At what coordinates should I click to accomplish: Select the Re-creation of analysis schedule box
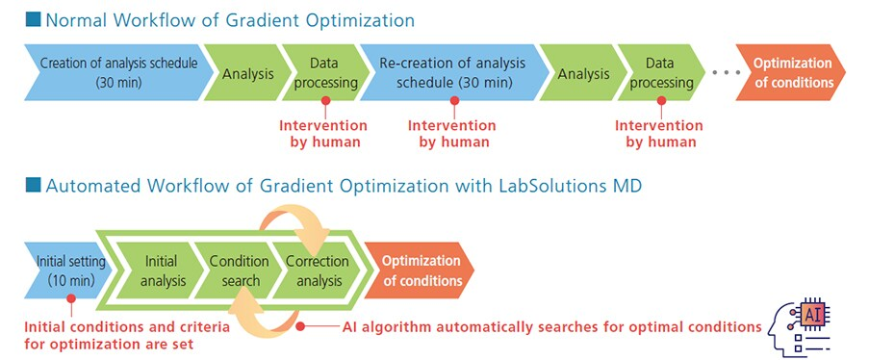451,73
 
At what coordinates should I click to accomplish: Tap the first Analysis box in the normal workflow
248,73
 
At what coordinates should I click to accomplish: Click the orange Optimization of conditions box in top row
790,73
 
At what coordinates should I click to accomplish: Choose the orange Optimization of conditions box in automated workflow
422,270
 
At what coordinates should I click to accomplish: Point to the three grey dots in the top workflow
728,73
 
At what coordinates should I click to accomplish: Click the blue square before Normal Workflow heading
32,19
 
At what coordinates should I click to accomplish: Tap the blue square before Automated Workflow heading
32,187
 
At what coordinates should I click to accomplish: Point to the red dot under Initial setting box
69,299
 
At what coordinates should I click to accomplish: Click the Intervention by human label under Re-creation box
452,134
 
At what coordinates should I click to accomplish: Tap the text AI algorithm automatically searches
481,327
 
